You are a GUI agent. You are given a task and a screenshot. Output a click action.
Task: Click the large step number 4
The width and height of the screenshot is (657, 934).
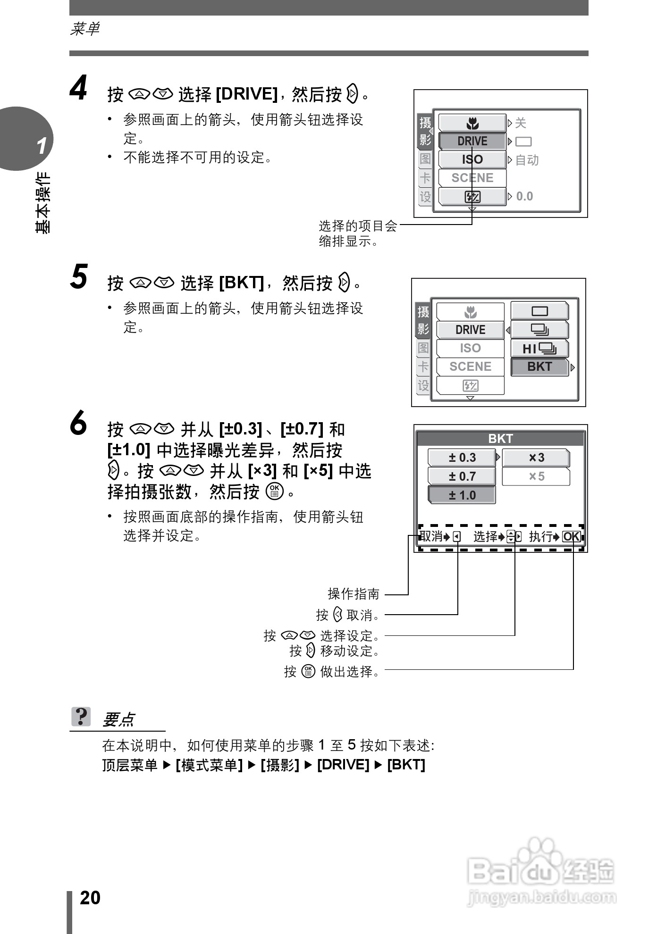[79, 88]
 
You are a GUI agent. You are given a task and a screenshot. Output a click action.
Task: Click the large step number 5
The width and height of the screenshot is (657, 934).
[79, 277]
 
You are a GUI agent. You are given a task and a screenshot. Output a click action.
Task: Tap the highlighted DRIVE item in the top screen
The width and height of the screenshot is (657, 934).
[472, 141]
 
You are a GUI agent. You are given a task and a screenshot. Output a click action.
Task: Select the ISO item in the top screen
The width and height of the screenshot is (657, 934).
[472, 159]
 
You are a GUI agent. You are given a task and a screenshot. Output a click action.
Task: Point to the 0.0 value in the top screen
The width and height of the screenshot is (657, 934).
[524, 196]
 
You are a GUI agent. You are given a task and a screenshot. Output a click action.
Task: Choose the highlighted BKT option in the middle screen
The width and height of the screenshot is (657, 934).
[539, 367]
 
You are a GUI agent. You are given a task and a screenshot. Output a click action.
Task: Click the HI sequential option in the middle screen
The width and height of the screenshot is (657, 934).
[539, 348]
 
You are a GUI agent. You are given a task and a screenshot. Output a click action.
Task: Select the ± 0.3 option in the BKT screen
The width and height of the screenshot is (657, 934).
[462, 458]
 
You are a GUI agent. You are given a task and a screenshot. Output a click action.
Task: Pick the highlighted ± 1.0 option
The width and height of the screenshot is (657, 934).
[462, 495]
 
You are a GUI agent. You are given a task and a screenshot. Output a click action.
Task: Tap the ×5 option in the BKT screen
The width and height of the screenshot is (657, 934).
[536, 476]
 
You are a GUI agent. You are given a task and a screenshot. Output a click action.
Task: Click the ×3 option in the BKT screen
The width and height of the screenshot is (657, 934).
[536, 458]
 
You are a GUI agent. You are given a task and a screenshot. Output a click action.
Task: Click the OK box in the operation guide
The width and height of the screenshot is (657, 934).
[572, 536]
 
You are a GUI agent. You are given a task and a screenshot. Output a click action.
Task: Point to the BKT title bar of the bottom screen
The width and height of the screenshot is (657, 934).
[500, 439]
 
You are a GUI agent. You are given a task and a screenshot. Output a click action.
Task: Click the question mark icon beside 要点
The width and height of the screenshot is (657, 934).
[81, 717]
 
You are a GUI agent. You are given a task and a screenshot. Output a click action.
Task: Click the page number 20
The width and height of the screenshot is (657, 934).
[90, 898]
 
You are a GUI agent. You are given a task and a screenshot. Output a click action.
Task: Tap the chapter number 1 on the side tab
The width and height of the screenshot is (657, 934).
[42, 146]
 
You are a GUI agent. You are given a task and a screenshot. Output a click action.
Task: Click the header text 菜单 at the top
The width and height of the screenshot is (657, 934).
[85, 29]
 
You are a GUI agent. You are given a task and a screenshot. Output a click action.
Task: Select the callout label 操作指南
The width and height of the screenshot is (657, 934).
[354, 593]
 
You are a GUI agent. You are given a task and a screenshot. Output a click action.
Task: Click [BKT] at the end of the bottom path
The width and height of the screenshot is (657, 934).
[406, 765]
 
